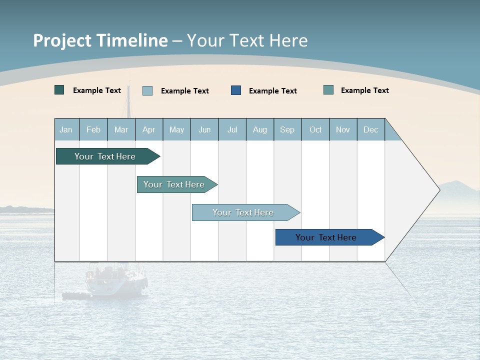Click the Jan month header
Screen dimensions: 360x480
pyautogui.click(x=66, y=129)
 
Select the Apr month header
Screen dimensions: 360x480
pyautogui.click(x=149, y=129)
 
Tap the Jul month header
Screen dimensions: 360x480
pyautogui.click(x=232, y=129)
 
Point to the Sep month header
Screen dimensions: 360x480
pyautogui.click(x=287, y=129)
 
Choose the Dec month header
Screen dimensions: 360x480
pyautogui.click(x=370, y=129)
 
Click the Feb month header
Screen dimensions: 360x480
pyautogui.click(x=93, y=129)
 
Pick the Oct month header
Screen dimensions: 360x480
pyautogui.click(x=315, y=129)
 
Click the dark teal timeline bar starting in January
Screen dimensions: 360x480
pyautogui.click(x=105, y=156)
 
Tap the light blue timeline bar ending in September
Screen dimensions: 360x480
pyautogui.click(x=243, y=212)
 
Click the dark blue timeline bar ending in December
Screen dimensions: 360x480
pyautogui.click(x=326, y=237)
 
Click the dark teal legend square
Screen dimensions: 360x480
pyautogui.click(x=59, y=90)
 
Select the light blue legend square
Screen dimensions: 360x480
pyautogui.click(x=147, y=90)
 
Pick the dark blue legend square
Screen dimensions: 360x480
pyautogui.click(x=236, y=90)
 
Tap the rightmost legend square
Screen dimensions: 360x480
pyautogui.click(x=328, y=90)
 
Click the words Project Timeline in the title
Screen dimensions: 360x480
pyautogui.click(x=100, y=40)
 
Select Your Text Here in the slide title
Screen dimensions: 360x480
pyautogui.click(x=247, y=40)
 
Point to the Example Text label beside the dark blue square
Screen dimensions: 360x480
pyautogui.click(x=273, y=91)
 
